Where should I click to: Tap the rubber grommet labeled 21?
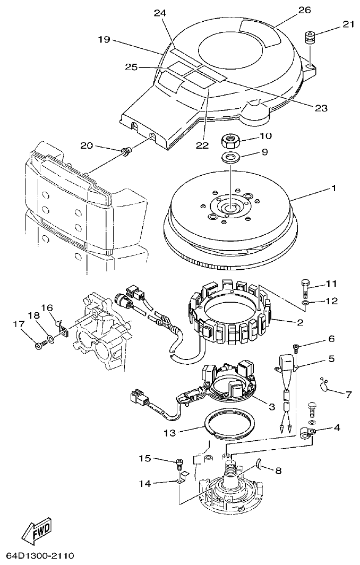(310, 39)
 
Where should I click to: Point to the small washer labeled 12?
(304, 304)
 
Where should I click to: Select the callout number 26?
(304, 10)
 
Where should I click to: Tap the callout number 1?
(333, 188)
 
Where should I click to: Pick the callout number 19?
(104, 39)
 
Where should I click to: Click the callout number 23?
(321, 108)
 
